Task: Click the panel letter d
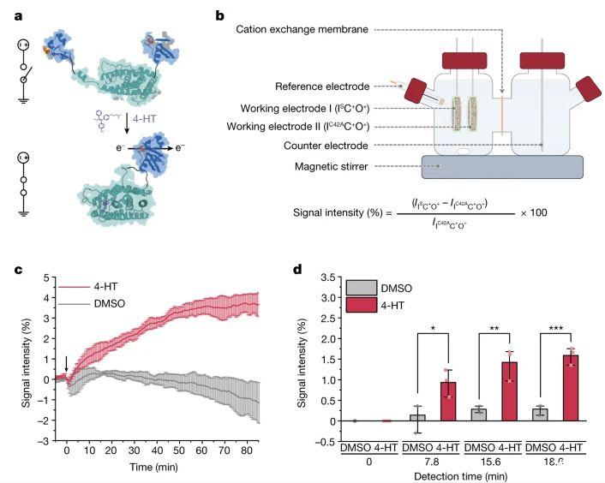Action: coord(299,270)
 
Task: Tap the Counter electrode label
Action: coord(326,146)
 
